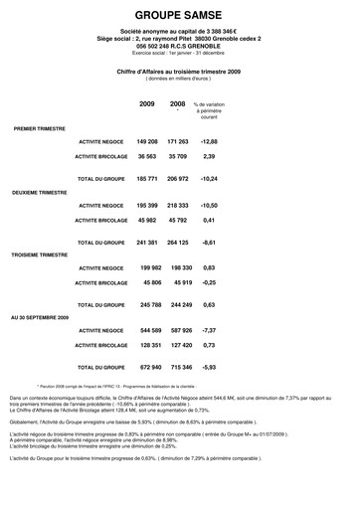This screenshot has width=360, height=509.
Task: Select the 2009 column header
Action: [x=147, y=103]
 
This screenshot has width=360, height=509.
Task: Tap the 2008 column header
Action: [x=178, y=103]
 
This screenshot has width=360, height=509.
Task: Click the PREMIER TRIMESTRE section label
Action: [x=40, y=129]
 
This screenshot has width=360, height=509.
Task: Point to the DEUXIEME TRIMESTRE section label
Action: [x=41, y=189]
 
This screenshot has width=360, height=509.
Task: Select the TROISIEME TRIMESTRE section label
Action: [x=41, y=254]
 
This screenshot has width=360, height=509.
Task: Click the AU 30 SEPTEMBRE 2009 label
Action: [x=41, y=316]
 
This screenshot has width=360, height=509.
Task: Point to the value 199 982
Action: [x=150, y=267]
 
